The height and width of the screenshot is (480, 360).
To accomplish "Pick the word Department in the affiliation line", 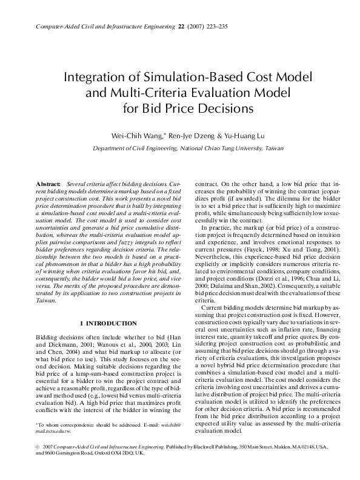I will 109,148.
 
